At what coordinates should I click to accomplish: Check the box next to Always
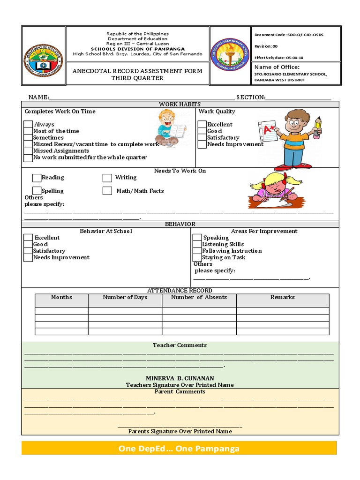click(x=28, y=125)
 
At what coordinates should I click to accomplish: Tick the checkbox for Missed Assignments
click(x=28, y=151)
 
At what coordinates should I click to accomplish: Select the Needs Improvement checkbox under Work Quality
click(x=202, y=144)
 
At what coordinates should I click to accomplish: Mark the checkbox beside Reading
click(x=37, y=178)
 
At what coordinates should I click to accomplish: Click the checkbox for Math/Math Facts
click(x=107, y=191)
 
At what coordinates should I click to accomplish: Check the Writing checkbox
click(x=107, y=178)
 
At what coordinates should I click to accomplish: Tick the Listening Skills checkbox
click(x=197, y=244)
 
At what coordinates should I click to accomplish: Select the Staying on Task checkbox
click(x=197, y=257)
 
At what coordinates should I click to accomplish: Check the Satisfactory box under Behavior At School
click(x=28, y=251)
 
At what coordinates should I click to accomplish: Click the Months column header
click(x=61, y=297)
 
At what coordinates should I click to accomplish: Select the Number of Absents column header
click(x=199, y=297)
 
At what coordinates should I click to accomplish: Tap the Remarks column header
click(x=282, y=297)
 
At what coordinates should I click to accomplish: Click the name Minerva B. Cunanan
click(x=180, y=378)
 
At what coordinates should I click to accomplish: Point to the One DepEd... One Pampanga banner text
click(x=179, y=449)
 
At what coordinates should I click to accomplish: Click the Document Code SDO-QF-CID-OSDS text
click(x=289, y=35)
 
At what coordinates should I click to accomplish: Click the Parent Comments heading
click(x=180, y=391)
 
